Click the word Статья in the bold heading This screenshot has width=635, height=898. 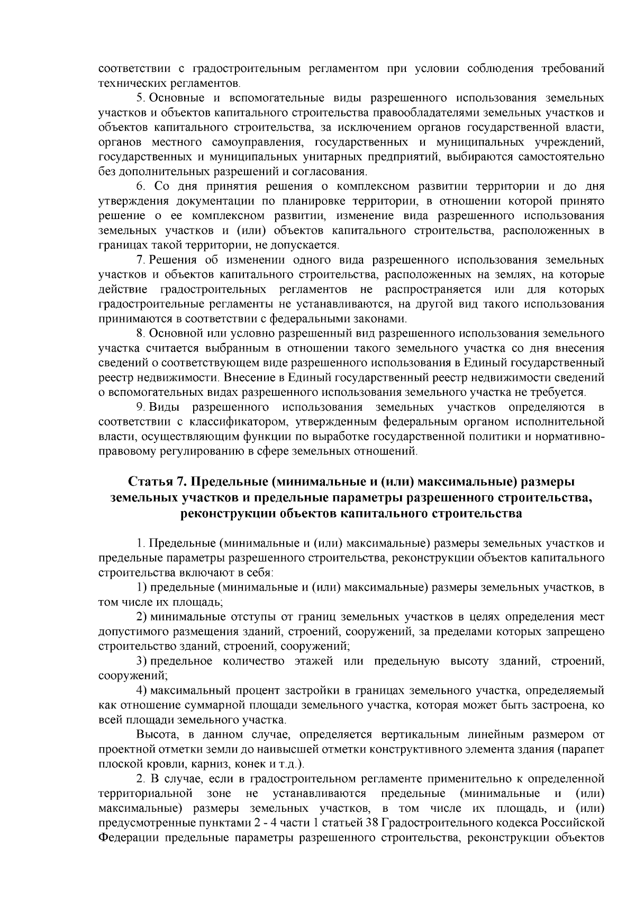point(149,482)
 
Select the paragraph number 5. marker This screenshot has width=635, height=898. point(141,98)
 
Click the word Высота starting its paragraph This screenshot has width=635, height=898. point(153,735)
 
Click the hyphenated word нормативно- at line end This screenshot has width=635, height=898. point(572,437)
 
